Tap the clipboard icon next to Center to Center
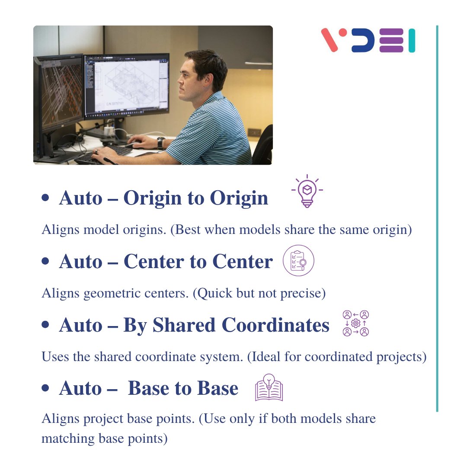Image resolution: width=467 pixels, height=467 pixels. click(298, 261)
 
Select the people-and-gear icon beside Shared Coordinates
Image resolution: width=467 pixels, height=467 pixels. click(355, 323)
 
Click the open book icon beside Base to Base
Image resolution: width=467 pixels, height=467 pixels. click(269, 388)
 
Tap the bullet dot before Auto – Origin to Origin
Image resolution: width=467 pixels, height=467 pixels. click(45, 198)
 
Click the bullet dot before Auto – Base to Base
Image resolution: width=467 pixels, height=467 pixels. click(45, 388)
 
